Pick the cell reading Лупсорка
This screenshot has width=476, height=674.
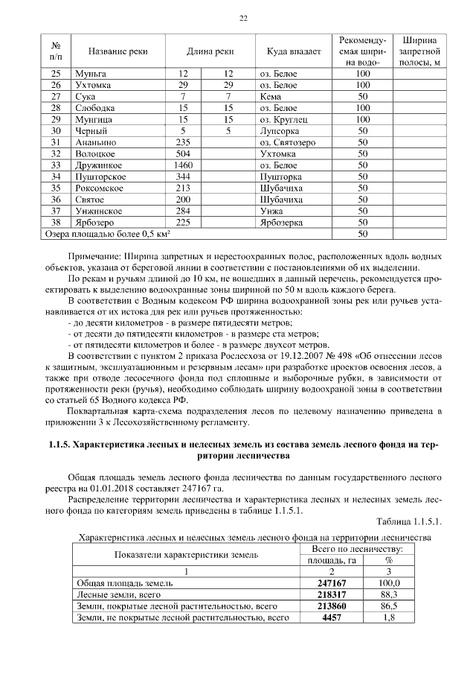coord(278,130)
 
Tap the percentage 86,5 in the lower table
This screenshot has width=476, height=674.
coord(388,606)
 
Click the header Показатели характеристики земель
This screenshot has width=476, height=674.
coord(186,554)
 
